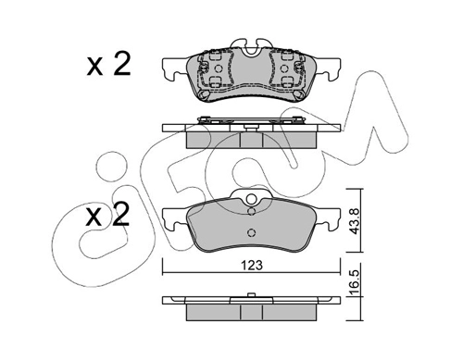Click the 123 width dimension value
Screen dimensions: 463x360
(252, 266)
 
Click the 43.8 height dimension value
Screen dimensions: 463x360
(355, 221)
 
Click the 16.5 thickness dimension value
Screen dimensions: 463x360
(355, 283)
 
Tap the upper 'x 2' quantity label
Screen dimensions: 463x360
(108, 65)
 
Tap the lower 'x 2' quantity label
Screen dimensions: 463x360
(108, 215)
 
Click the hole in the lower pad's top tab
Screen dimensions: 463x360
(252, 199)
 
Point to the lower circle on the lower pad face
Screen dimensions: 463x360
(252, 232)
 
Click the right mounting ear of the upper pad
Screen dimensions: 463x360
(329, 68)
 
